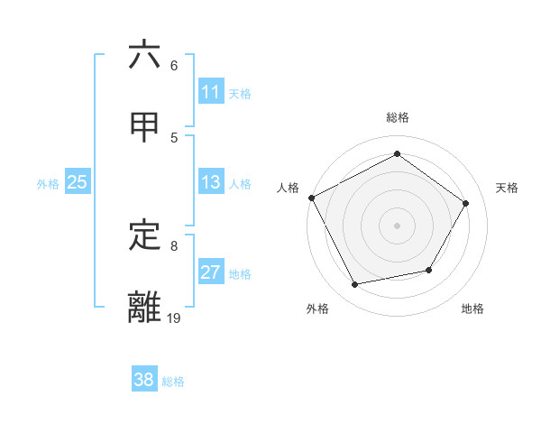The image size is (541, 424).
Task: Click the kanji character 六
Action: [x=144, y=55]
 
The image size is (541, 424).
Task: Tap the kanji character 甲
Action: [x=144, y=126]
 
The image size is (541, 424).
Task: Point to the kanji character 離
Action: [x=144, y=307]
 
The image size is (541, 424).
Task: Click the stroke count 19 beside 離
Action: [x=174, y=317]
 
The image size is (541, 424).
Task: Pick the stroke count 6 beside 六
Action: [x=174, y=66]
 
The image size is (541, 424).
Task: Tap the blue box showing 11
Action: [x=211, y=92]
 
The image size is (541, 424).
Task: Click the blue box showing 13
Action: [x=211, y=182]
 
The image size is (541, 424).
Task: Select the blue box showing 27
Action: [x=211, y=272]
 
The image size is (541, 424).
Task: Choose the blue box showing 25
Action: [x=78, y=182]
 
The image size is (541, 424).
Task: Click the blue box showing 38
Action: [x=144, y=380]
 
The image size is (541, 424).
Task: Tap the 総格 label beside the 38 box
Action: [x=173, y=382]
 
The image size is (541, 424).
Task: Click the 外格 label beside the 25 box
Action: [x=48, y=184]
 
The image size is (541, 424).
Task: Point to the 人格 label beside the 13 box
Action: [x=240, y=184]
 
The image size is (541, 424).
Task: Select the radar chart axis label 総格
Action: [x=397, y=117]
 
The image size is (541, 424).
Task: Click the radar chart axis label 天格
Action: [x=508, y=188]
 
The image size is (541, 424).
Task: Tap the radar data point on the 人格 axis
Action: [x=311, y=198]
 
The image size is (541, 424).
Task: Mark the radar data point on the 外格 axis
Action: [x=355, y=285]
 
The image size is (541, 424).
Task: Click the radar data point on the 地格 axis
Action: [x=429, y=270]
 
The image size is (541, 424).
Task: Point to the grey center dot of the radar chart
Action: [x=397, y=225]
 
